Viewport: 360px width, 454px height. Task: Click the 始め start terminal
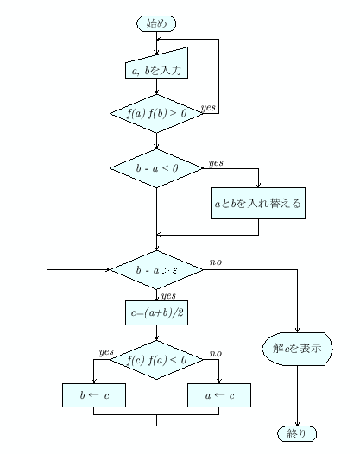click(156, 23)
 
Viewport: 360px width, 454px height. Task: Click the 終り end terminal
click(296, 432)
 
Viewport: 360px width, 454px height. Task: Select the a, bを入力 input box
click(156, 68)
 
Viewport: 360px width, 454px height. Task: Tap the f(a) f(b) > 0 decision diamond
click(156, 114)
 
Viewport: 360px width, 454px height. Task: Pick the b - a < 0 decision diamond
click(156, 167)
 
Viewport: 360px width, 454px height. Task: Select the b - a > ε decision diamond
click(156, 270)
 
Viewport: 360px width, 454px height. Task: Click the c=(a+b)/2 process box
click(156, 312)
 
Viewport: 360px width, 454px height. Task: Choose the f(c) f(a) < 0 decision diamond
click(156, 360)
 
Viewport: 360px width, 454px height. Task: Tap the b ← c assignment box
click(93, 394)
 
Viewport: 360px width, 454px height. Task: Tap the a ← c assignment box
click(218, 394)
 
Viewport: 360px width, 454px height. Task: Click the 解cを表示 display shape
click(296, 350)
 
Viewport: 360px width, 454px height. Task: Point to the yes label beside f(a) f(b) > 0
click(208, 107)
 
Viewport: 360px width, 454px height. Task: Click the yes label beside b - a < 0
click(216, 161)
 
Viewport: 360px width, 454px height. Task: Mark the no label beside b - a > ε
click(215, 262)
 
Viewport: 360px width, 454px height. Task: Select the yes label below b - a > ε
click(168, 294)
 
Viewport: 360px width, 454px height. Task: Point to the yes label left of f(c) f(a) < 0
click(106, 352)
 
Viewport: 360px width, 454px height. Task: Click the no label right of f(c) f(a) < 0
click(215, 353)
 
